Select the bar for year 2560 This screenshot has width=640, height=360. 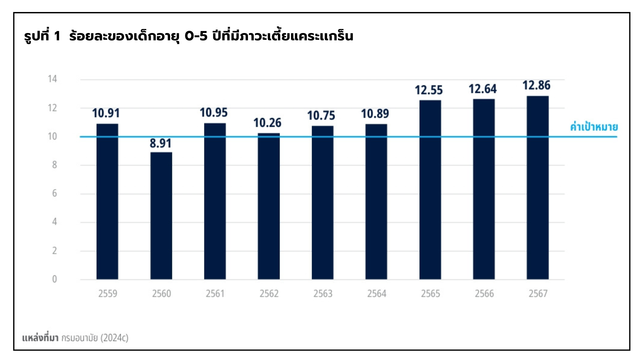coord(161,216)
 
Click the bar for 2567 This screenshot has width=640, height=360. coord(537,188)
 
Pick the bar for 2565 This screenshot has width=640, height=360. coord(430,190)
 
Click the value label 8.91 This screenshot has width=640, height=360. coord(160,143)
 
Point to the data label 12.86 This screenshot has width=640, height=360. coord(536,85)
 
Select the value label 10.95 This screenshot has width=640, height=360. coord(214,113)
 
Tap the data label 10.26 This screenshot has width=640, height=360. coord(267,123)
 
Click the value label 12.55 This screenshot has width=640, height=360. coord(429,90)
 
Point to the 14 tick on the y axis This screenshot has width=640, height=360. coord(52,79)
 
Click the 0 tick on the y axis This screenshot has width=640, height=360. coord(54,279)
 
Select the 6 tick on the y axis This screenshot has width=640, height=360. coord(54,193)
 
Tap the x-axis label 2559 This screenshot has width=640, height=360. coord(108,294)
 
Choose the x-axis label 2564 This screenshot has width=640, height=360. coord(377,294)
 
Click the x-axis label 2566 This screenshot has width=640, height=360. coord(484,294)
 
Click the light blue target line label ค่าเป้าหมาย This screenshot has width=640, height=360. coord(594,127)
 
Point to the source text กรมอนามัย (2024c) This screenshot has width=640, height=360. coord(95,338)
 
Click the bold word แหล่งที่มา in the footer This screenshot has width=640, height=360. coord(40,338)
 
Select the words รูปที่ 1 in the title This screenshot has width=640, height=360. coord(42,36)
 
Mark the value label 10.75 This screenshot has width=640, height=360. coord(321,116)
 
